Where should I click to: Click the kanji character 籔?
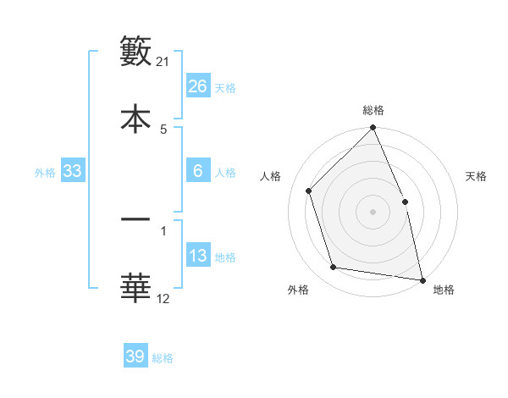135,52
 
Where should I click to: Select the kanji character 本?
135,118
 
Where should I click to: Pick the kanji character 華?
135,287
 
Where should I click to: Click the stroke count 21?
163,62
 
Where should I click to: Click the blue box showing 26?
197,86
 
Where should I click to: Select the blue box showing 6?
197,171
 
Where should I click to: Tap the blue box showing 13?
197,256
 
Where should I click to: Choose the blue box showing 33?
73,171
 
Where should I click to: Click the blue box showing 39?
135,357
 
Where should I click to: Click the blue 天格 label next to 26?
225,88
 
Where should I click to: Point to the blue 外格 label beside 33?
45,173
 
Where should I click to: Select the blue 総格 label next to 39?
163,358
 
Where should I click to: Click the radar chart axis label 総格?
373,110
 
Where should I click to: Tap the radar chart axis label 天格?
477,176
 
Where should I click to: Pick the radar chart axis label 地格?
444,290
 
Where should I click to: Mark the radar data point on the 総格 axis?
373,129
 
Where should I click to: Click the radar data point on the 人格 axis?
309,191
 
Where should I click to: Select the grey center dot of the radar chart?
373,211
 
